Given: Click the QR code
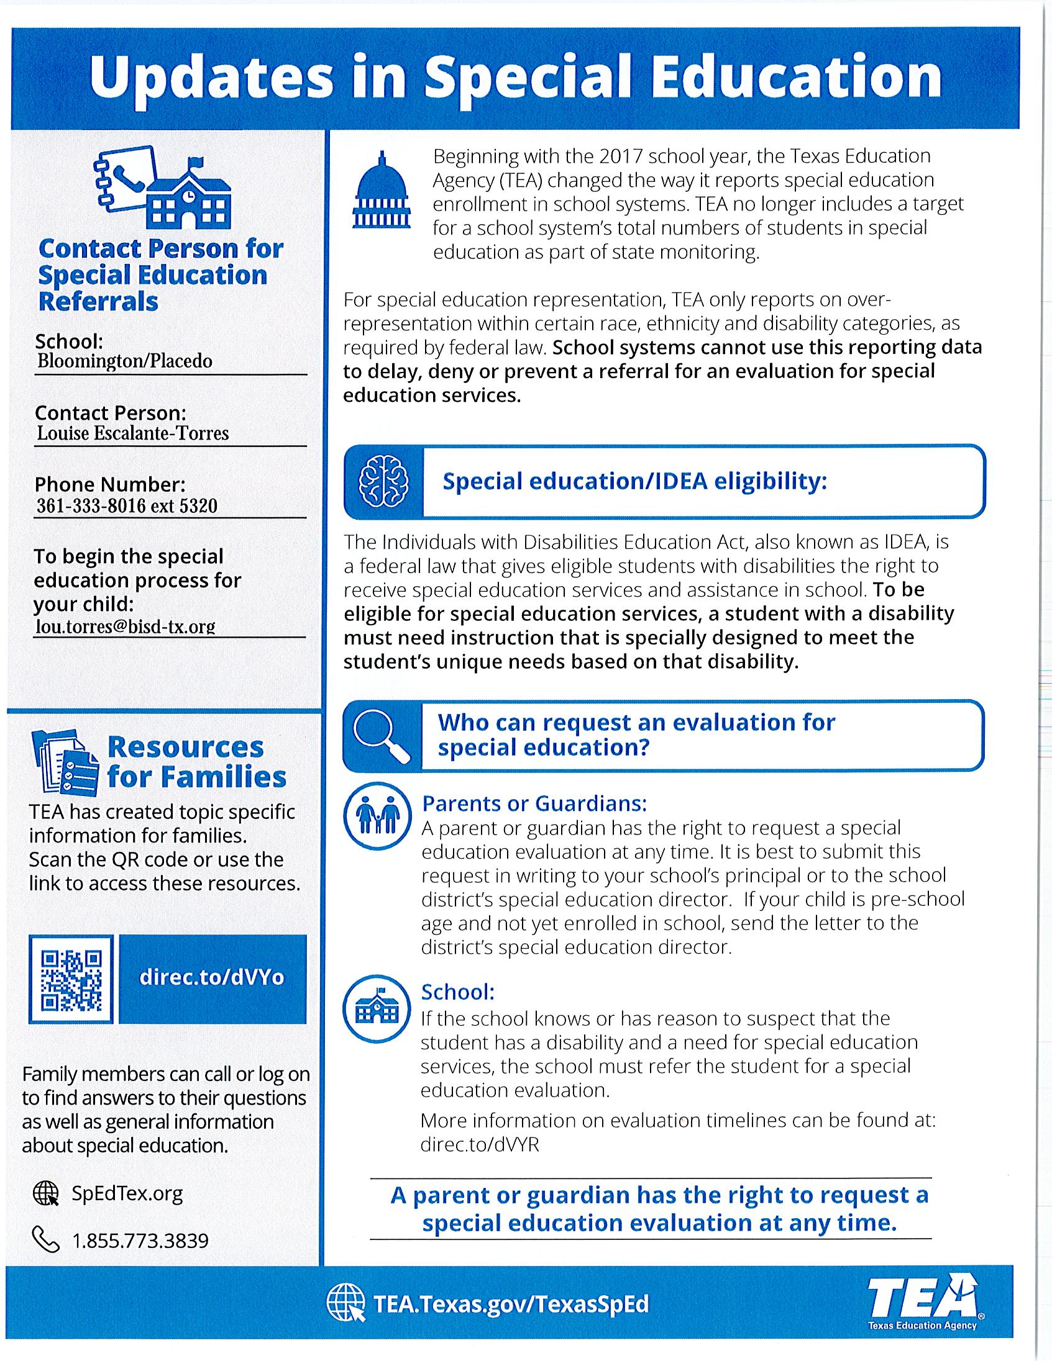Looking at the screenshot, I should [x=71, y=979].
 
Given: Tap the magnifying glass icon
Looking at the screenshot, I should [x=381, y=736].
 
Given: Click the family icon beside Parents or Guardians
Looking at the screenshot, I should [x=377, y=816].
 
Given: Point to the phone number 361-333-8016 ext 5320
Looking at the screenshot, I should [x=127, y=505].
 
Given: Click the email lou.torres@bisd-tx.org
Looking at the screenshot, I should [x=126, y=626].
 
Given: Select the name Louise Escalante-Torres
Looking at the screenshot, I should [x=133, y=433].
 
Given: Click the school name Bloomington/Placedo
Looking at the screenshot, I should [x=125, y=361].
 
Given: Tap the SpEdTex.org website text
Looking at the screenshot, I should [x=127, y=1194].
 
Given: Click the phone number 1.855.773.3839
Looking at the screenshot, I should [x=140, y=1241].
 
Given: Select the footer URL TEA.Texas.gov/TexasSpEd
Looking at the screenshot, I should [x=511, y=1304].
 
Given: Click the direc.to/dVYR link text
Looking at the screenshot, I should [x=480, y=1146].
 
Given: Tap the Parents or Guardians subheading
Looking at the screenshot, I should [x=534, y=804].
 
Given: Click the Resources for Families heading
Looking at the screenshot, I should [x=196, y=762].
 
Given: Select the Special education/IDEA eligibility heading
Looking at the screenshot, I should [x=634, y=481].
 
